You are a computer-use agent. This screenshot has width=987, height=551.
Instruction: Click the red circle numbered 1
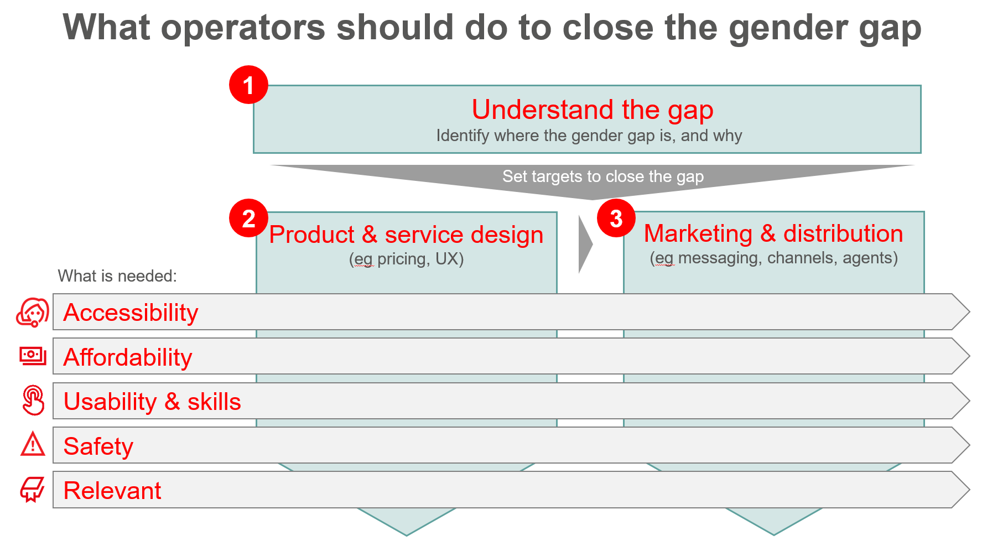[248, 85]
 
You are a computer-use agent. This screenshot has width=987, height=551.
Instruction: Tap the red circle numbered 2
[248, 219]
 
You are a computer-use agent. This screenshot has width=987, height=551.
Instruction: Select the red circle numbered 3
[616, 218]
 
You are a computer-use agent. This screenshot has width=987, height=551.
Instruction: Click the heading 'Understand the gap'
[593, 110]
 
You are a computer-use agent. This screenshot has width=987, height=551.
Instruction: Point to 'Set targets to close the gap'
[603, 176]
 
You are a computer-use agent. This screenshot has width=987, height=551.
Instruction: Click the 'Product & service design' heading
[406, 235]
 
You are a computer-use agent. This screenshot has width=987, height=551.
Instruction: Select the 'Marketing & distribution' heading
[773, 233]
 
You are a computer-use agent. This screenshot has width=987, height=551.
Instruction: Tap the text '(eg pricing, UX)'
[406, 259]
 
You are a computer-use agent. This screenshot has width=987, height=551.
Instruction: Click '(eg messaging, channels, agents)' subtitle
[773, 258]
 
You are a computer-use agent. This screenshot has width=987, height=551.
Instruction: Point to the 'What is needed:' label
[117, 275]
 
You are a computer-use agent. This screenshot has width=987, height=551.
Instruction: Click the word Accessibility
[131, 313]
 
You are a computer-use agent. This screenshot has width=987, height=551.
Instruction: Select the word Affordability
[128, 357]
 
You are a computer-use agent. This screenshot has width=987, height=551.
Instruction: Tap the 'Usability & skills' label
[152, 402]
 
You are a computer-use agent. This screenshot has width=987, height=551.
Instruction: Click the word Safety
[98, 446]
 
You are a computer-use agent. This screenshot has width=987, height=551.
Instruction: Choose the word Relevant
[112, 491]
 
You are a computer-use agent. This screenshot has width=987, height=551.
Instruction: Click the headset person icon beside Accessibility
[33, 313]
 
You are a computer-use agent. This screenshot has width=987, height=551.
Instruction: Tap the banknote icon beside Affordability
[33, 356]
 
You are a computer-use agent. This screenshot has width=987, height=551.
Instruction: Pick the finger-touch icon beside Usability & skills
[33, 400]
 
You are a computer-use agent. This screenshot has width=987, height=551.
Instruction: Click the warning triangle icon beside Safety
[33, 444]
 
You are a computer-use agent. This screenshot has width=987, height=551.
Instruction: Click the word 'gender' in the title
[788, 28]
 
